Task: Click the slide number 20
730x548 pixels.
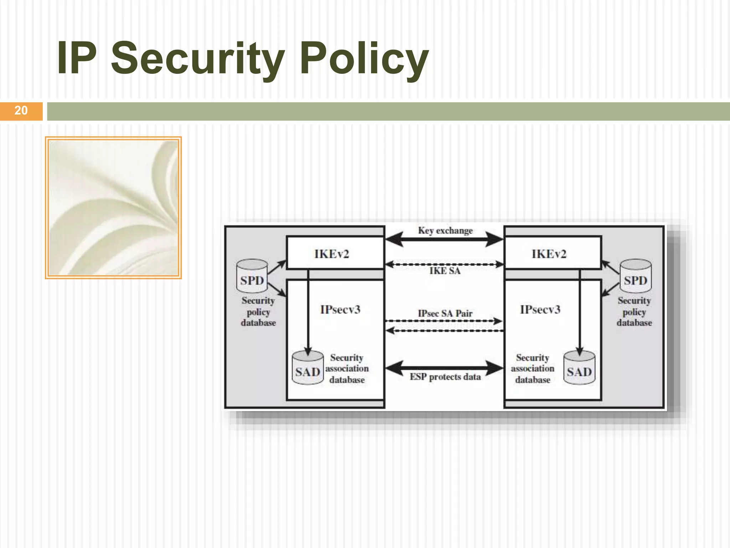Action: click(x=21, y=111)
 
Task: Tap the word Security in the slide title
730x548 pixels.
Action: click(x=198, y=59)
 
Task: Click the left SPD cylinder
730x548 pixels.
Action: click(x=252, y=276)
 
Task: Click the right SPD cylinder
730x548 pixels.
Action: click(x=636, y=276)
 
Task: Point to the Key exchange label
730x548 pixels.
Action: click(x=445, y=230)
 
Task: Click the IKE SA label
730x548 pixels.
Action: click(x=445, y=271)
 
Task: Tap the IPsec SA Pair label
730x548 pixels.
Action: click(x=445, y=314)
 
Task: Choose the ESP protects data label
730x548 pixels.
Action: click(x=445, y=377)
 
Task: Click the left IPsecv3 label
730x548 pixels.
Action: click(x=340, y=309)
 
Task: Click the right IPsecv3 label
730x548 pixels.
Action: click(x=540, y=309)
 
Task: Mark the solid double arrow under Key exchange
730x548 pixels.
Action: click(x=444, y=239)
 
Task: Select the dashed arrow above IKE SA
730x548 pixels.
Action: click(x=444, y=264)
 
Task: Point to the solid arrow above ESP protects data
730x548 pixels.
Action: click(x=444, y=367)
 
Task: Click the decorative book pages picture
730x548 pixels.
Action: click(x=113, y=208)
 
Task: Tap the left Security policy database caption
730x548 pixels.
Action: click(x=258, y=311)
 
